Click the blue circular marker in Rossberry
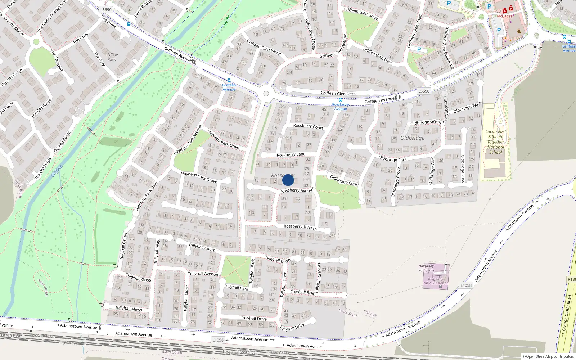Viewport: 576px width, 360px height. [x=288, y=180]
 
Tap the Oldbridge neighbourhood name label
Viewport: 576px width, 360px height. [x=412, y=138]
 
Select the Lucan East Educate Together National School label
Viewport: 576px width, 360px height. [x=495, y=142]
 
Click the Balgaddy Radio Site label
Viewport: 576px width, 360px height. [x=426, y=268]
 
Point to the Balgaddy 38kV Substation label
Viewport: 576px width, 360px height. [x=436, y=281]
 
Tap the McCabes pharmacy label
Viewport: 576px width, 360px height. [x=504, y=16]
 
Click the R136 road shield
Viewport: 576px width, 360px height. [x=572, y=279]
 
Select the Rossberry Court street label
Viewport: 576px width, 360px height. [x=308, y=126]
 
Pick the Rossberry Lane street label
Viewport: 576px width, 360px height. [x=291, y=154]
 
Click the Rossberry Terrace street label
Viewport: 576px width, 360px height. [x=300, y=227]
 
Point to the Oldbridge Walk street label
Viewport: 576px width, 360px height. [x=467, y=108]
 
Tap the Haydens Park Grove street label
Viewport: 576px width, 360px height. [x=199, y=177]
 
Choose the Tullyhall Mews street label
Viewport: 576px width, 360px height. [x=129, y=309]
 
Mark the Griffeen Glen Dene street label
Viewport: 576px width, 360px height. [x=338, y=93]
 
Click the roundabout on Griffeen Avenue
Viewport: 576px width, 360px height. [x=266, y=94]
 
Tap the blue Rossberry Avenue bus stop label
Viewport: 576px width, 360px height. [x=340, y=107]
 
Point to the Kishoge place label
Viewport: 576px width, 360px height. [x=370, y=313]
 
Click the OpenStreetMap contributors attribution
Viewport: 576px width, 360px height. [x=548, y=356]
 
